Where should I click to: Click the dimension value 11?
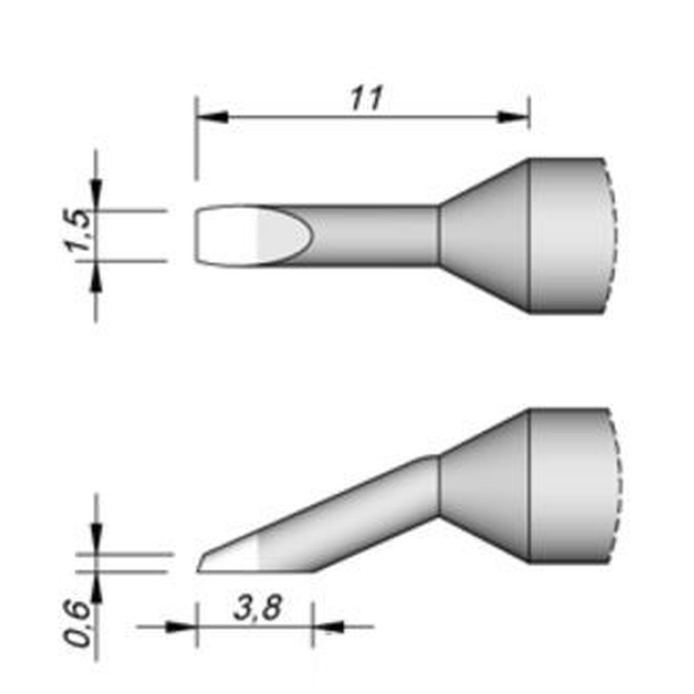pos(365,99)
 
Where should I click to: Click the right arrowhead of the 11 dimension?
pos(515,117)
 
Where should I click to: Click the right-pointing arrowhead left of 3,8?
pos(182,626)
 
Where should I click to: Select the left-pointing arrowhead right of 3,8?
pos(330,626)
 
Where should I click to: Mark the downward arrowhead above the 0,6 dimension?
pos(96,538)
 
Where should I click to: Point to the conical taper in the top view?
pos(484,235)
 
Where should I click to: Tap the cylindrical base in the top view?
pos(566,235)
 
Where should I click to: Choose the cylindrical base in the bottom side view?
pos(566,485)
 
